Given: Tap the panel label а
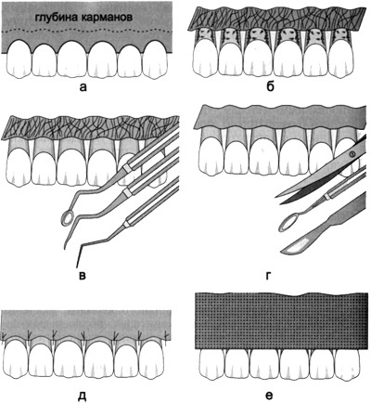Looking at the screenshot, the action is [83, 87].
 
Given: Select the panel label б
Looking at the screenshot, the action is [270, 86].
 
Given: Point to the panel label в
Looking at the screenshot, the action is [82, 275].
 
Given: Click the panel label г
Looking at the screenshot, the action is [269, 275].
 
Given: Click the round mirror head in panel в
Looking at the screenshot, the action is [67, 217].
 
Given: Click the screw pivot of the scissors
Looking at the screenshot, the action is [351, 153].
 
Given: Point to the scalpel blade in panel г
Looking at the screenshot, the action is [293, 248].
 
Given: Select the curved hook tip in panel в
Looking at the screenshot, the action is [66, 242].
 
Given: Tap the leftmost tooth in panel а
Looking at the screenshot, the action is [19, 58].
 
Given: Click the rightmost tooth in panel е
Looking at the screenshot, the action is [349, 365].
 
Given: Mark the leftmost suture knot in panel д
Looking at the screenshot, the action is [4, 336].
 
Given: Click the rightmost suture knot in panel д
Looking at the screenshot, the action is [166, 335].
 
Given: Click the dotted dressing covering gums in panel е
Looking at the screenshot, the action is [282, 321].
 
